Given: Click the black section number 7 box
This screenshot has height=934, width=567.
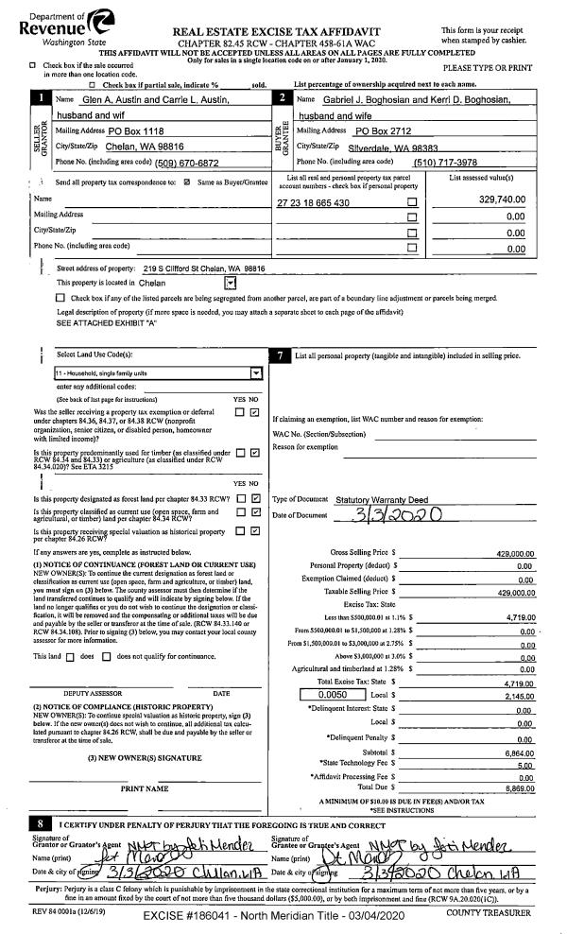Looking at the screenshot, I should coord(283,355).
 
